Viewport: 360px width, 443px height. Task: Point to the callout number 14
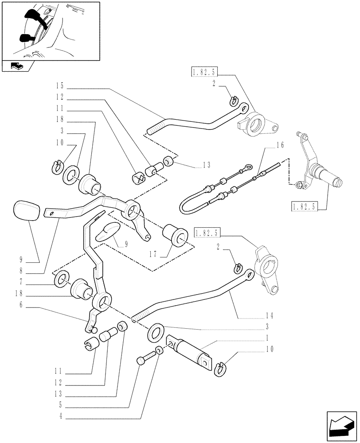(x=270, y=316)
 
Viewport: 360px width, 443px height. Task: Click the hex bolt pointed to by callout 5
(x=143, y=359)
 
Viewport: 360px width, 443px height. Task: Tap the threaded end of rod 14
(x=139, y=316)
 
